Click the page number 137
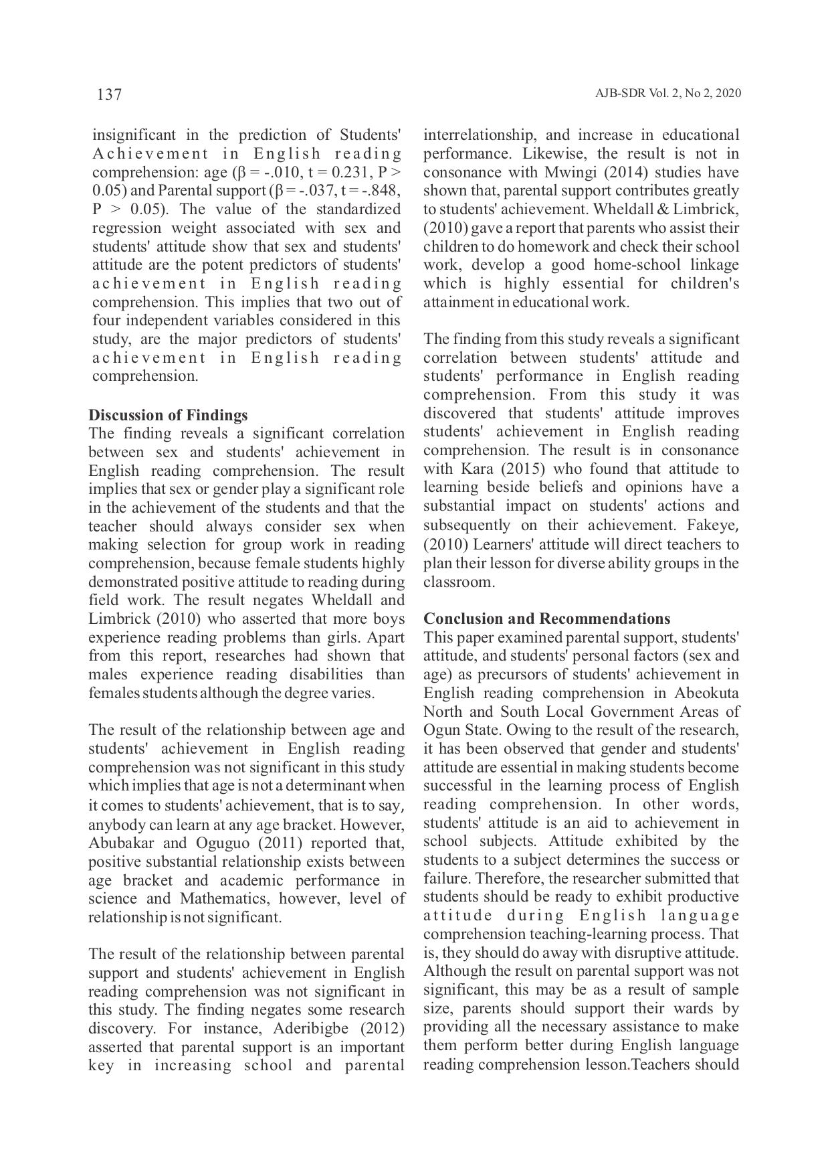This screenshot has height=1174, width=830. pyautogui.click(x=109, y=94)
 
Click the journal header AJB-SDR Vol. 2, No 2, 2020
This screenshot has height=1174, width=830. pyautogui.click(x=667, y=94)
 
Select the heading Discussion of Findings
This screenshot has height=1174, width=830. pyautogui.click(x=168, y=415)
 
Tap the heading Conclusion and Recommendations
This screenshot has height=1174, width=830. pyautogui.click(x=546, y=618)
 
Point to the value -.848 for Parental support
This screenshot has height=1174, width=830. pyautogui.click(x=382, y=191)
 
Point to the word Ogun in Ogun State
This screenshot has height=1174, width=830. pyautogui.click(x=439, y=730)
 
